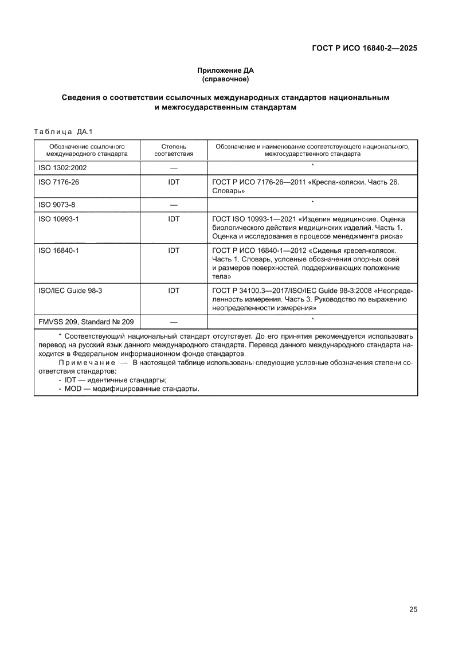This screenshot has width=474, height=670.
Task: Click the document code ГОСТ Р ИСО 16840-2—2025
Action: [x=364, y=48]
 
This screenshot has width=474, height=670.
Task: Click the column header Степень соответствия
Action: [x=174, y=150]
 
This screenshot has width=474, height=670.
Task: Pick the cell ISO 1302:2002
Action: [x=62, y=168]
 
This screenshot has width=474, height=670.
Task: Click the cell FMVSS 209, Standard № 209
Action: [x=85, y=322]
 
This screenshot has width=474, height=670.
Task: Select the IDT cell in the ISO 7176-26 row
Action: [x=174, y=182]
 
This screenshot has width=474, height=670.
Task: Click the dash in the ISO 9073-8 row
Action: [x=174, y=205]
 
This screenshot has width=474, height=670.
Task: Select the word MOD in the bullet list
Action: [x=73, y=389]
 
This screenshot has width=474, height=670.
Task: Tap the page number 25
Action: [x=413, y=609]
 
